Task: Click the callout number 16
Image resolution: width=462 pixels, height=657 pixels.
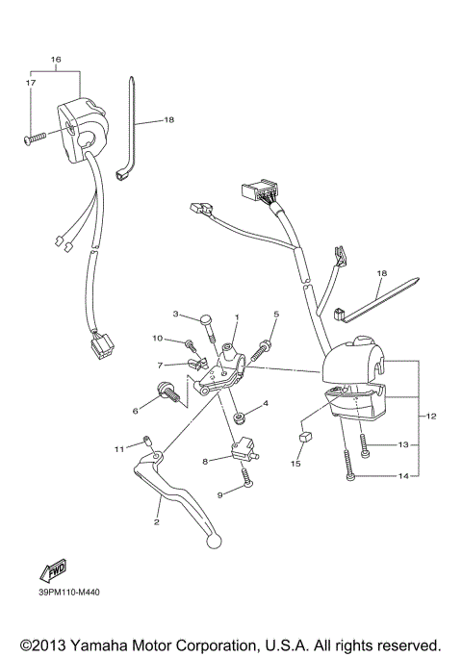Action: point(55,60)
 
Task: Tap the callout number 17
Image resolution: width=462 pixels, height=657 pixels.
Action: point(29,84)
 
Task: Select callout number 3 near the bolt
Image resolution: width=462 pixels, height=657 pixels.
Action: point(176,315)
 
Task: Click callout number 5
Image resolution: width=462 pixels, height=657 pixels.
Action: point(275,315)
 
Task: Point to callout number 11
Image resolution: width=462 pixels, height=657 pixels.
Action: point(119,449)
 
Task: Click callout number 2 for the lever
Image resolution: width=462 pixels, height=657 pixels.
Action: point(156,522)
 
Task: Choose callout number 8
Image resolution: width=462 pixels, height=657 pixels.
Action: point(204,462)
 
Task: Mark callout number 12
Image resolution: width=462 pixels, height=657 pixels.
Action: point(430,416)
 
